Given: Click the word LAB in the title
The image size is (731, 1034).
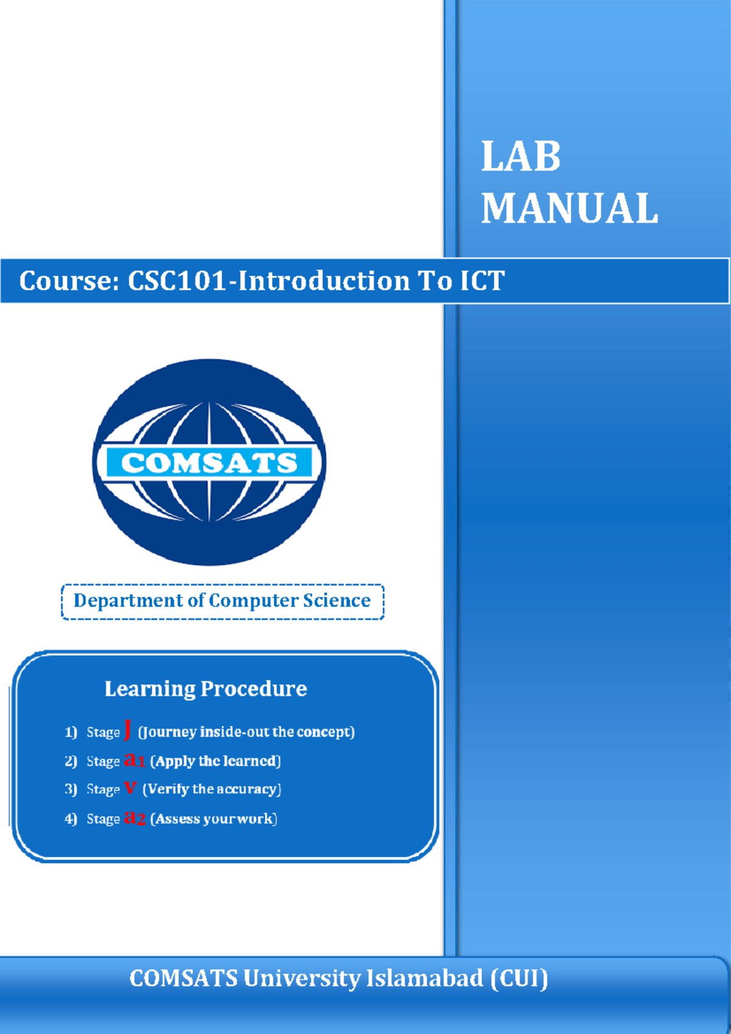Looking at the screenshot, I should pos(521,157).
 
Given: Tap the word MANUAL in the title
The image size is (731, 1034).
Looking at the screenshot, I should pos(570,209).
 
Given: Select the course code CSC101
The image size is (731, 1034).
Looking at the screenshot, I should pos(177,281).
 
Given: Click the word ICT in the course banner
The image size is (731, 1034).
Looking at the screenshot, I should pos(482,281).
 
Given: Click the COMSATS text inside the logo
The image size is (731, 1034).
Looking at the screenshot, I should pos(209,463).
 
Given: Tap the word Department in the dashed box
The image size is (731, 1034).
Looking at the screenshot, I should pos(128,601).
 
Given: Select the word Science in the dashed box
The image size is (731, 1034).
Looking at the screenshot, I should pos(337,601).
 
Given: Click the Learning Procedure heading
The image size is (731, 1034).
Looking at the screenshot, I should pos(206,689).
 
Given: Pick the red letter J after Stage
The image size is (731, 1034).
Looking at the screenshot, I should pos(128,730).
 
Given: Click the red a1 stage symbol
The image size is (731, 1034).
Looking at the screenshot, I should pos(135,760).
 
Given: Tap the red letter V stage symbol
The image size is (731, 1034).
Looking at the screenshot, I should pos(130,788).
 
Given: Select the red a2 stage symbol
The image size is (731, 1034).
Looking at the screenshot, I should pos(135,818).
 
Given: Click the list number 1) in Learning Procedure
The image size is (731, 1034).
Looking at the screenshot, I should pos(71,732).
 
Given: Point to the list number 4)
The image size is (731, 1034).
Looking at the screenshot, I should pos(71,819).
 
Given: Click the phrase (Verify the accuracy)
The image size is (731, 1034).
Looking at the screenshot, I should pos(211,789).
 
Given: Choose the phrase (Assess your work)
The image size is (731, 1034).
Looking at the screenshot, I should pos(213,819).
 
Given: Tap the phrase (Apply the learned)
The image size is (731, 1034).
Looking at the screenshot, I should pos(215,761).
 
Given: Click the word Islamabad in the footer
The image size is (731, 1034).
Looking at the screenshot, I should pos(424,979).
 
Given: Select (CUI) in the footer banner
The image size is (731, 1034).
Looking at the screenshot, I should pos(520,979).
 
